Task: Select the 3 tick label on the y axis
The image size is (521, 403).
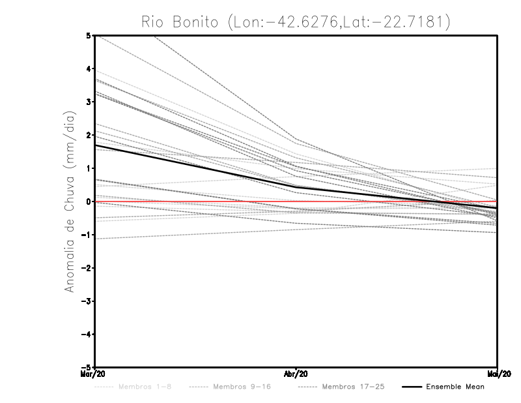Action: point(89,102)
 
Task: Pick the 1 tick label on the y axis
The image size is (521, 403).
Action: point(89,168)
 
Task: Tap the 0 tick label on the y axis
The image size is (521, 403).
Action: point(89,201)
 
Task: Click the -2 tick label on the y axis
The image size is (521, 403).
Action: point(87,268)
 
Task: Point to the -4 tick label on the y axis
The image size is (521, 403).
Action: point(87,335)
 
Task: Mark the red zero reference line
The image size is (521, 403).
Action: point(391,202)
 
